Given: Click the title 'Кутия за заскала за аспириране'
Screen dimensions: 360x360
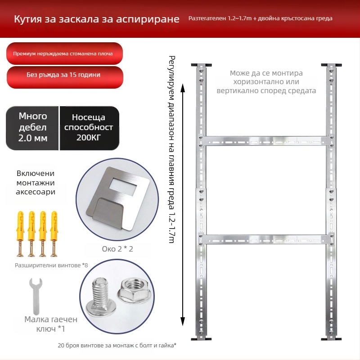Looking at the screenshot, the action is pyautogui.click(x=97, y=19).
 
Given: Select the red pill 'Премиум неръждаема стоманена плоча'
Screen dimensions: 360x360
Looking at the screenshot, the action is pyautogui.click(x=64, y=54).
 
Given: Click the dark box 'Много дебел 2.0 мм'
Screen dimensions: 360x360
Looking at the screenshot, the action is pyautogui.click(x=32, y=128).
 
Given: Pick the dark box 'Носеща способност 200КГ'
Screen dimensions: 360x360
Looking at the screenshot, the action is pyautogui.click(x=89, y=128).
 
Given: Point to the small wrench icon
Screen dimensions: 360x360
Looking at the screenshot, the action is pyautogui.click(x=36, y=296).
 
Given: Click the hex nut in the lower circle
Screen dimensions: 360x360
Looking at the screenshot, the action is pyautogui.click(x=134, y=291).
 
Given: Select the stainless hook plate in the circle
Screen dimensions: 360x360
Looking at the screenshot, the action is pyautogui.click(x=118, y=198).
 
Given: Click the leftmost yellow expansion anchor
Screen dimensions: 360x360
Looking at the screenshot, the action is pyautogui.click(x=20, y=234).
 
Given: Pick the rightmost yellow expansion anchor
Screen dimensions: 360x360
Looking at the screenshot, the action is pyautogui.click(x=54, y=234).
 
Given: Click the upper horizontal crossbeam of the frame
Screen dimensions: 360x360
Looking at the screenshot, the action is pyautogui.click(x=266, y=140).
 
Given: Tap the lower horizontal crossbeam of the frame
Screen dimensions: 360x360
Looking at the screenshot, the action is pyautogui.click(x=266, y=239).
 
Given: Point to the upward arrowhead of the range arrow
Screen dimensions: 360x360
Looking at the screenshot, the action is pyautogui.click(x=183, y=88).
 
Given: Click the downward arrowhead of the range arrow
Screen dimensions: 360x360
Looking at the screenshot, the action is pyautogui.click(x=183, y=321).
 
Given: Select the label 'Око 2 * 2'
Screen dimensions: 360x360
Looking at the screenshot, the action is pyautogui.click(x=117, y=249).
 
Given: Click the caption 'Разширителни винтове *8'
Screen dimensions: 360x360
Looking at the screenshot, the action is pyautogui.click(x=51, y=265).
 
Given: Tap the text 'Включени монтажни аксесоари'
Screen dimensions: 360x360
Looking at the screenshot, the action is pyautogui.click(x=36, y=183).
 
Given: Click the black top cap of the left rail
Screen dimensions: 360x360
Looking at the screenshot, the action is pyautogui.click(x=201, y=65).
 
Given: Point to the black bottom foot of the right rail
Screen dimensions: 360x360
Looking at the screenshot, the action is pyautogui.click(x=331, y=339).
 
